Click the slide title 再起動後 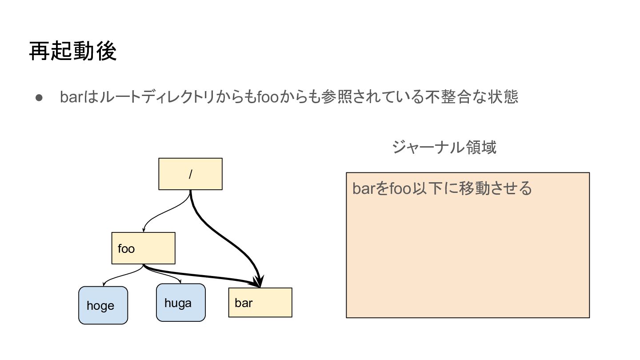(x=73, y=52)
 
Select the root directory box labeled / (x=190, y=174)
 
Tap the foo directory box (x=143, y=248)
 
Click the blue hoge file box (x=103, y=305)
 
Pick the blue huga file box (x=180, y=303)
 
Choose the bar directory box (x=260, y=303)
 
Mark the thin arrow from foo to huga (x=169, y=276)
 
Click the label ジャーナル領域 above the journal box (x=444, y=147)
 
